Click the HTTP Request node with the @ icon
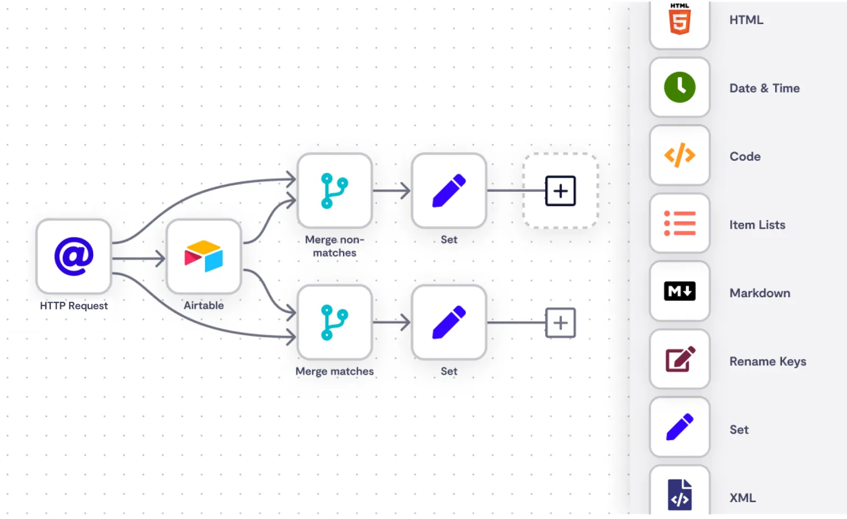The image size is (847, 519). pyautogui.click(x=74, y=256)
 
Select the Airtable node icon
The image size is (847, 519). pyautogui.click(x=204, y=256)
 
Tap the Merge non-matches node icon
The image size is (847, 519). pyautogui.click(x=335, y=190)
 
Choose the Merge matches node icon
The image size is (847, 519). pyautogui.click(x=335, y=322)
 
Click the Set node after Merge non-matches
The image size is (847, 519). pyautogui.click(x=449, y=190)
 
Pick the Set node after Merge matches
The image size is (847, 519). pyautogui.click(x=449, y=322)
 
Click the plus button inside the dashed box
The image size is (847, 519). pyautogui.click(x=561, y=191)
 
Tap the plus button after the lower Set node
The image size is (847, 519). pyautogui.click(x=561, y=323)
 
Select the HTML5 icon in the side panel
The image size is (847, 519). pyautogui.click(x=680, y=19)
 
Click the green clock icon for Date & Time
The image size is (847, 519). pyautogui.click(x=680, y=87)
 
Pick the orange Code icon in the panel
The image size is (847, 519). pyautogui.click(x=680, y=155)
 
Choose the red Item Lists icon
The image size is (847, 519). pyautogui.click(x=680, y=223)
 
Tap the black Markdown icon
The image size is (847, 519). pyautogui.click(x=680, y=291)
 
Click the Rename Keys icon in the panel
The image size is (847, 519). pyautogui.click(x=680, y=359)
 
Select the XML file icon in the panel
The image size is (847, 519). pyautogui.click(x=680, y=495)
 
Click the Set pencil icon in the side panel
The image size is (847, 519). pyautogui.click(x=680, y=427)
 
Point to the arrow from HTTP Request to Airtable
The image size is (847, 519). pyautogui.click(x=138, y=259)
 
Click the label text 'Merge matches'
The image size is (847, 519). pyautogui.click(x=335, y=371)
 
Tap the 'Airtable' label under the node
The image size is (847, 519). pyautogui.click(x=204, y=305)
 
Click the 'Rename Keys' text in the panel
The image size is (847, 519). pyautogui.click(x=768, y=361)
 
